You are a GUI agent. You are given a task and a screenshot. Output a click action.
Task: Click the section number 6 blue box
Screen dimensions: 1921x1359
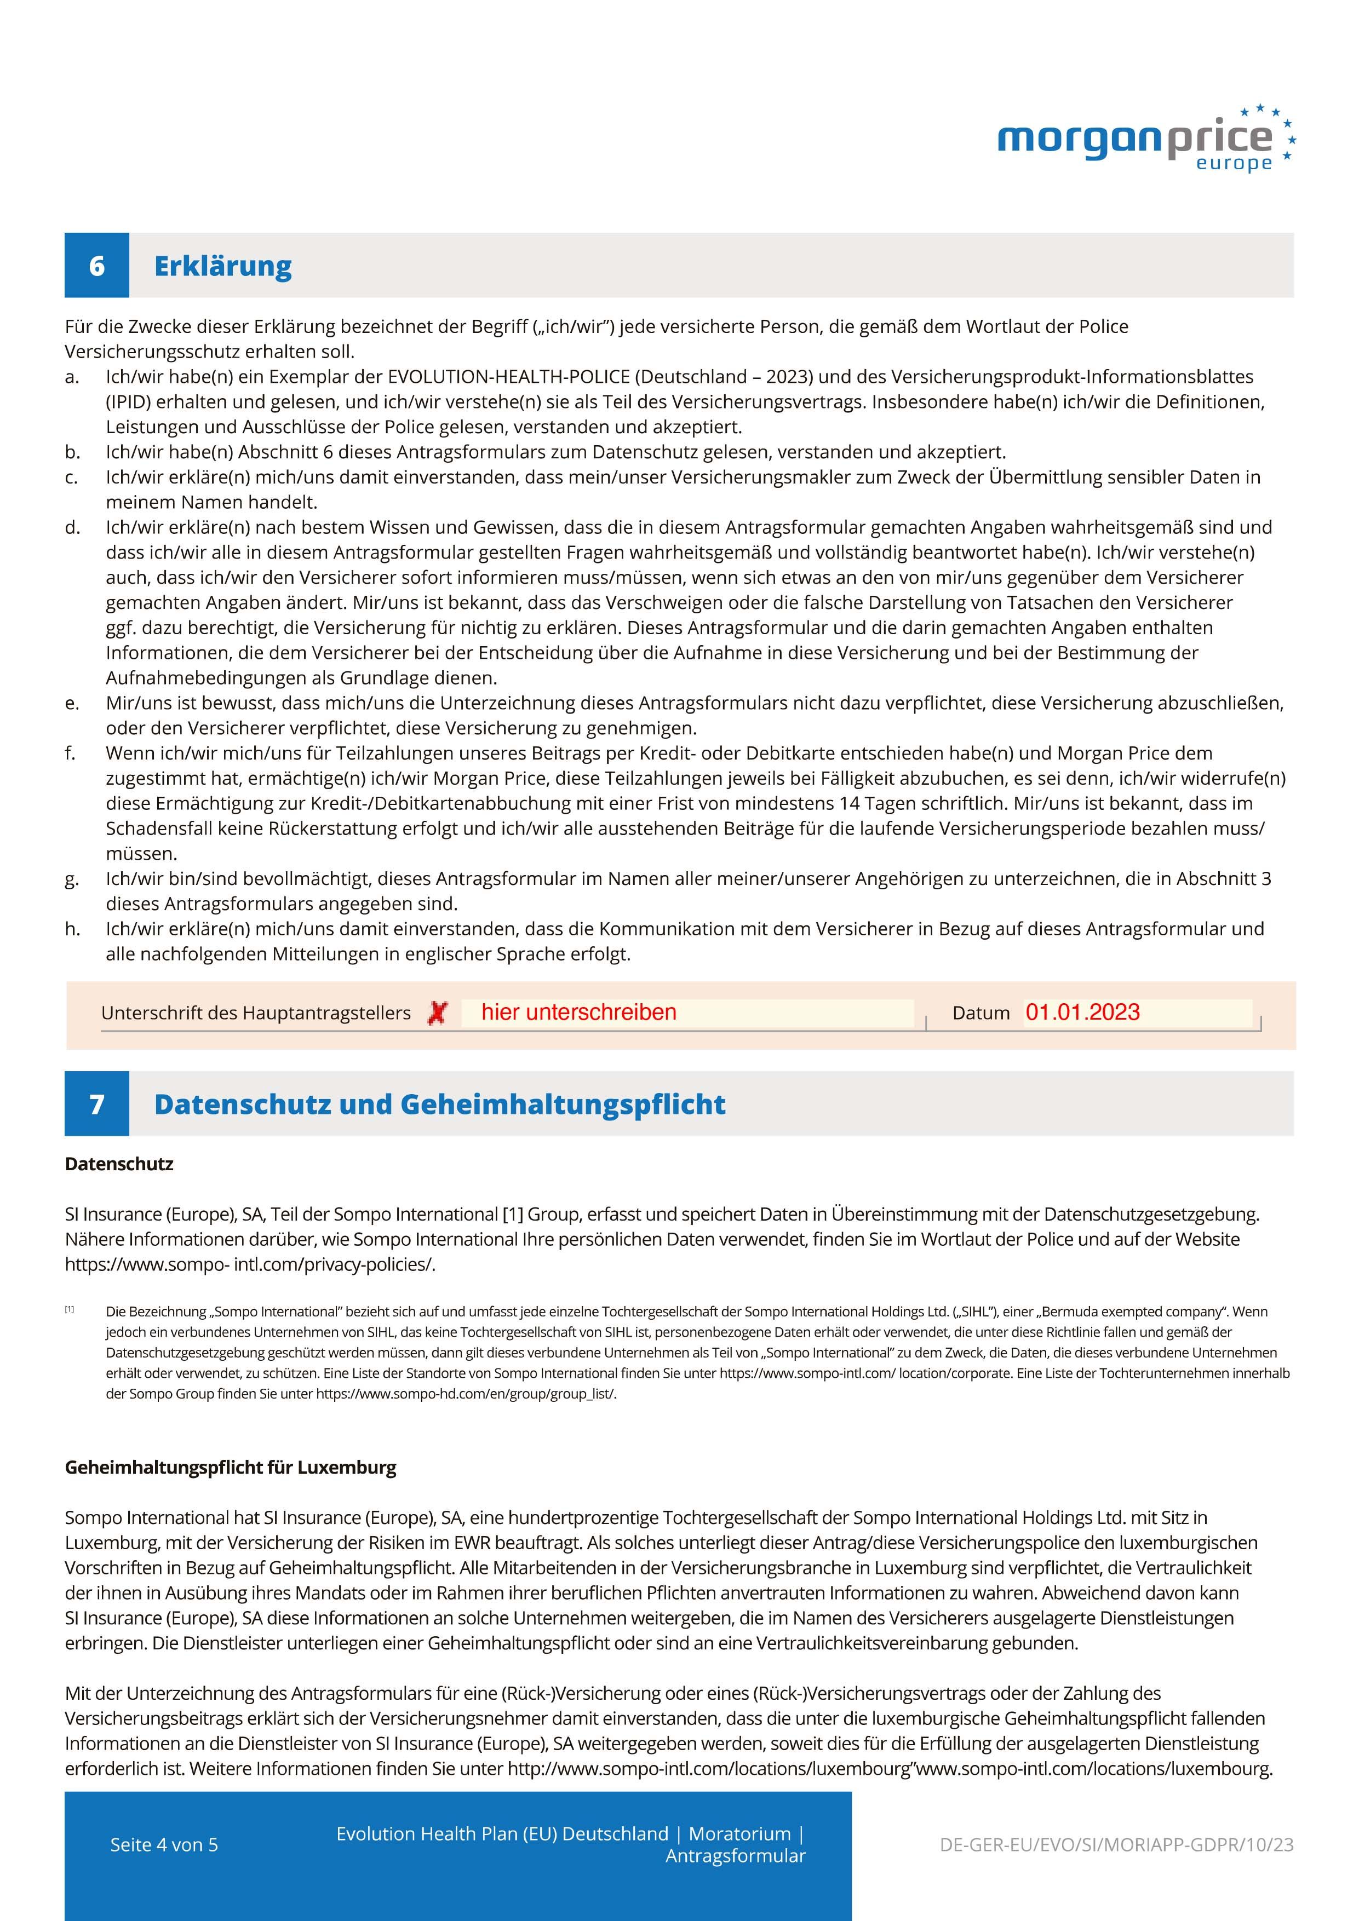(97, 265)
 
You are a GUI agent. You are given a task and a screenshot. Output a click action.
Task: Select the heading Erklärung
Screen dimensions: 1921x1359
(222, 266)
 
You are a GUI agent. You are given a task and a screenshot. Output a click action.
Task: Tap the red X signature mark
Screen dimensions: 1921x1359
(437, 1013)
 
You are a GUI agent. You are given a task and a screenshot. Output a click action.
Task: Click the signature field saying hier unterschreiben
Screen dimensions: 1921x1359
(686, 1013)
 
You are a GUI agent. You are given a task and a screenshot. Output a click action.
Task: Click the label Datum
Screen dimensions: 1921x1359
(980, 1013)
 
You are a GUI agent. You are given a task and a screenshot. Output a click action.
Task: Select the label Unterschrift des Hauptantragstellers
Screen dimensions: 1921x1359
(255, 1013)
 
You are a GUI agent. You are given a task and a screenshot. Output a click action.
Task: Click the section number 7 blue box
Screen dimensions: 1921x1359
(97, 1103)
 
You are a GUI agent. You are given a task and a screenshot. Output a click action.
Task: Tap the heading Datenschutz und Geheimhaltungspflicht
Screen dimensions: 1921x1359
(439, 1105)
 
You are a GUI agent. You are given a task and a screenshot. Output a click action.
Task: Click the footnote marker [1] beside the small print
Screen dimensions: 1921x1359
(70, 1309)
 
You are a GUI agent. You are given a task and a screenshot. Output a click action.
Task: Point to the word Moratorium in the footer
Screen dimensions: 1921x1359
(739, 1834)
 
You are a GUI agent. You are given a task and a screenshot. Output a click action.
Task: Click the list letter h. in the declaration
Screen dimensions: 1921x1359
(73, 929)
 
